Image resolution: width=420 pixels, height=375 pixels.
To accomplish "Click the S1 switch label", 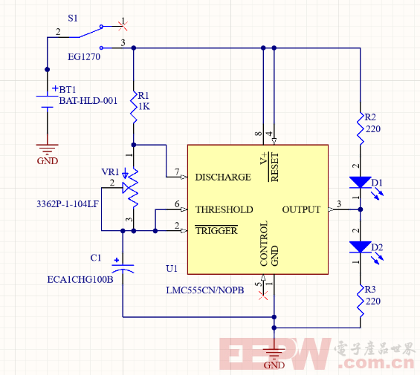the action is (x=73, y=19).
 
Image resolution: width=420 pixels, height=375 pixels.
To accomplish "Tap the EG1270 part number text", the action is (x=84, y=56).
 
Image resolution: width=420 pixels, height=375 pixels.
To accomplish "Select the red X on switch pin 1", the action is (x=123, y=26).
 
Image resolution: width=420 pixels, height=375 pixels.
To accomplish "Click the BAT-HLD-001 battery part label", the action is (x=88, y=101).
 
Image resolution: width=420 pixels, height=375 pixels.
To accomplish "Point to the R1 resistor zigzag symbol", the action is (x=134, y=107).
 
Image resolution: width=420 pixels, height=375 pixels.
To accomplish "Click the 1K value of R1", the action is (x=144, y=106).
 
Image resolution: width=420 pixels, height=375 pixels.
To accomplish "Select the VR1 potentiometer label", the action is (x=110, y=172).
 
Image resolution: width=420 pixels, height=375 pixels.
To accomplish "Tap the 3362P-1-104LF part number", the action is (x=68, y=204).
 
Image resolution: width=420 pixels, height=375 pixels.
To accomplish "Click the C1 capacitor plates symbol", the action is (x=123, y=268).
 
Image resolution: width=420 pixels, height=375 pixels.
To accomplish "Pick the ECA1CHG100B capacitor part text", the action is (x=80, y=279).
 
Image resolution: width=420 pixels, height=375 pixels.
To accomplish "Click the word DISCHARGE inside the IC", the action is (x=223, y=177).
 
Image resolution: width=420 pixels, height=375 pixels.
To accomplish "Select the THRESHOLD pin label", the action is (x=224, y=209).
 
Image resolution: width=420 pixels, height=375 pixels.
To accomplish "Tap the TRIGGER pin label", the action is (x=216, y=230).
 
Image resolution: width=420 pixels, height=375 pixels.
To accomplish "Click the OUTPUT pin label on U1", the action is (x=301, y=209).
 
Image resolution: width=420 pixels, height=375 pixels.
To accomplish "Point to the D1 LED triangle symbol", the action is (x=361, y=182).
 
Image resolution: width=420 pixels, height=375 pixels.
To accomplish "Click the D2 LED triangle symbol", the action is (x=361, y=247).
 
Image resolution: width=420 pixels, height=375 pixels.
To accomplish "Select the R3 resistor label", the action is (x=370, y=289).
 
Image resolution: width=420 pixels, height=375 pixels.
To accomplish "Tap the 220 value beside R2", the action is (x=373, y=129).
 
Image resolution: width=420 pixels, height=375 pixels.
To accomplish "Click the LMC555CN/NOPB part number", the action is (x=205, y=290).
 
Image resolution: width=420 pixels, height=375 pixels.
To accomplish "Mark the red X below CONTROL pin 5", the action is (x=263, y=296).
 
